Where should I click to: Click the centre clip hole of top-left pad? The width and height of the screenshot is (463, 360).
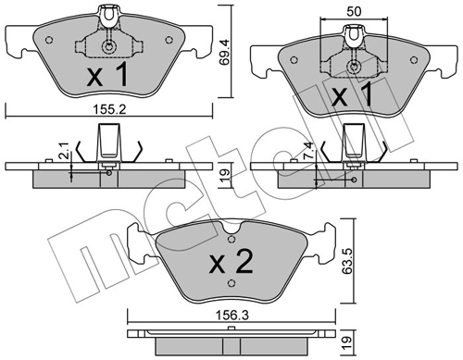[109, 48]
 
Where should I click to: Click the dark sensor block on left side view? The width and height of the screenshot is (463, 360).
[107, 143]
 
